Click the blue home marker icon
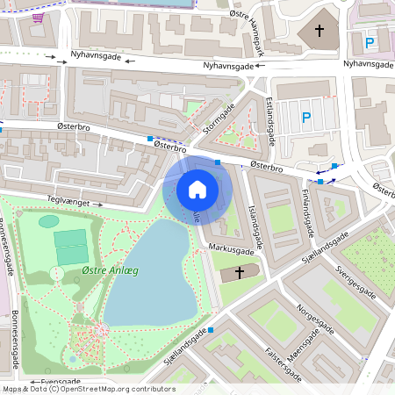(x=197, y=189)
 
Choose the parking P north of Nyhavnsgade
(x=370, y=42)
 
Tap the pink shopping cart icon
(x=38, y=17)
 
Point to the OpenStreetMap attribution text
(x=88, y=389)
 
